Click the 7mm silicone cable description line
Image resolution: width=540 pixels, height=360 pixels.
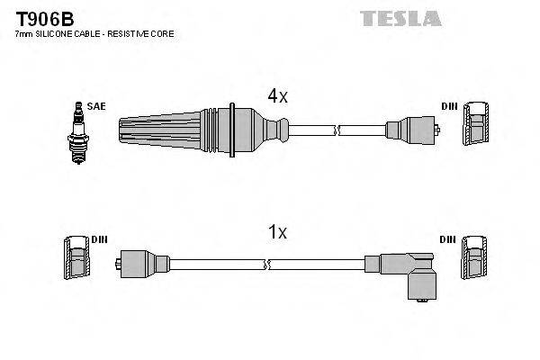(x=94, y=33)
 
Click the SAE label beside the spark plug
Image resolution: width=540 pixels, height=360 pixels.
(x=96, y=106)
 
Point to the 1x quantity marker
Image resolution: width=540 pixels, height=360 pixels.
(x=277, y=232)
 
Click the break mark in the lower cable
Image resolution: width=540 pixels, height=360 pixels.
(x=266, y=265)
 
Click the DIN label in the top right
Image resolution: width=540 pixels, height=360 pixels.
(x=449, y=106)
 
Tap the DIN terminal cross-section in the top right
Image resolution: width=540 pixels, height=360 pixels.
(x=476, y=123)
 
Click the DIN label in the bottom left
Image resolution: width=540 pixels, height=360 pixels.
(x=99, y=239)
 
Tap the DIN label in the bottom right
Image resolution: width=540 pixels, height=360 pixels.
(x=449, y=239)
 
